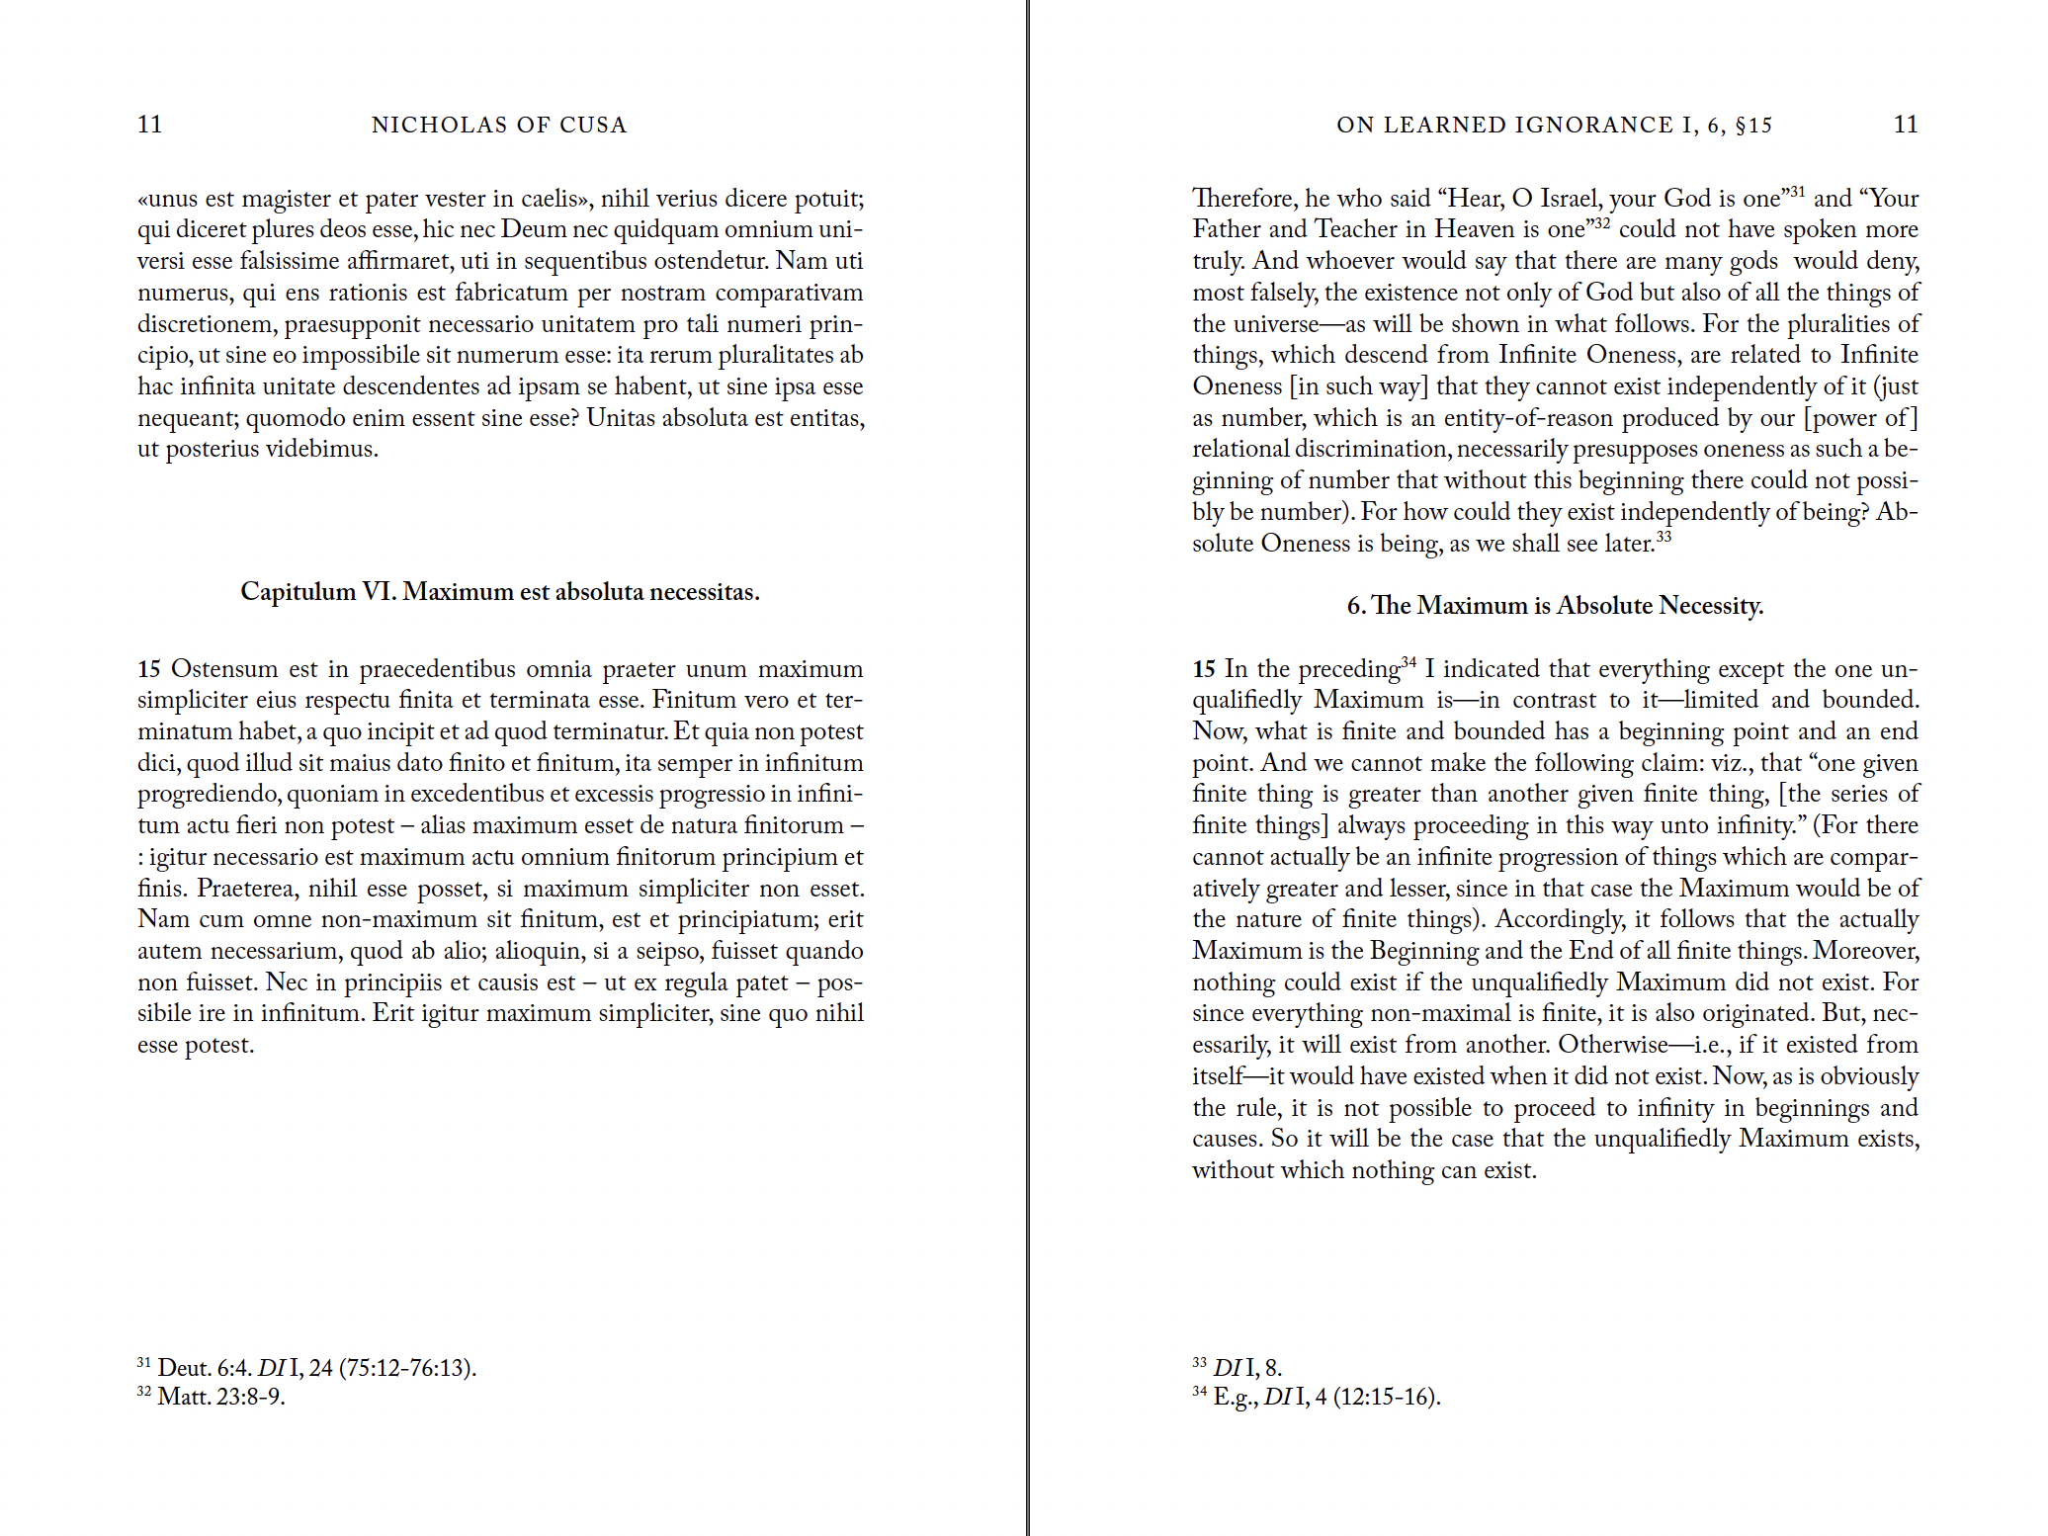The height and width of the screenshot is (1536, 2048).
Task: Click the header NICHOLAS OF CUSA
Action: coord(499,125)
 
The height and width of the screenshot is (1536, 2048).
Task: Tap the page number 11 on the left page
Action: coord(149,124)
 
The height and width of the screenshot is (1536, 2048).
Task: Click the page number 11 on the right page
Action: coord(1906,124)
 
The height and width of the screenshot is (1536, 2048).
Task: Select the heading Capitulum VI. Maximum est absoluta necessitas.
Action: coord(500,591)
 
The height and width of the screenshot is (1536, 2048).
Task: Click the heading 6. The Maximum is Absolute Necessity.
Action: coord(1555,605)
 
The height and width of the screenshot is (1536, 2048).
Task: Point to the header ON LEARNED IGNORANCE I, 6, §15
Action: coord(1554,125)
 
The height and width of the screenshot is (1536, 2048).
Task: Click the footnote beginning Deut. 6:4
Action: coord(316,1367)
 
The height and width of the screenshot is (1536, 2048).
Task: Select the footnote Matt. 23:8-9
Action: coord(220,1397)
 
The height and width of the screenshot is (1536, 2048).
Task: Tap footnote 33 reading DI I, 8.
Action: coord(1246,1367)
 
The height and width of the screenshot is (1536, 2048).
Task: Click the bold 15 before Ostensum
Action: coord(149,669)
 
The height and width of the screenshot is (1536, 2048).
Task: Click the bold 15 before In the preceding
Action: coord(1204,669)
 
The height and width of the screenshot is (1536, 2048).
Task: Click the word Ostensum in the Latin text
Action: coord(224,669)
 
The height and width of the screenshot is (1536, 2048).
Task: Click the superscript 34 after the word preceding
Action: coord(1408,661)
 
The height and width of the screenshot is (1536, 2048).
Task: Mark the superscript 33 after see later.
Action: coord(1664,537)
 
